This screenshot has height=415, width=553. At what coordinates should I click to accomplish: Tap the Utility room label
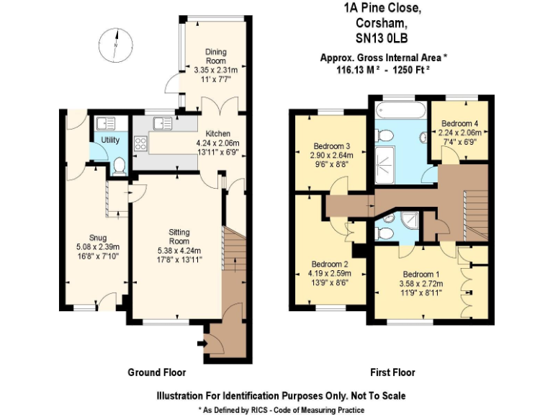pyautogui.click(x=110, y=140)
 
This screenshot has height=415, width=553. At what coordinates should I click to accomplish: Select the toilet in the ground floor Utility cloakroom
pyautogui.click(x=119, y=166)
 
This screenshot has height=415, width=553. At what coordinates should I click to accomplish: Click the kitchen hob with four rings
pyautogui.click(x=141, y=143)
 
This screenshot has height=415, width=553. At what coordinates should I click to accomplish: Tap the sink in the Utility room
pyautogui.click(x=104, y=123)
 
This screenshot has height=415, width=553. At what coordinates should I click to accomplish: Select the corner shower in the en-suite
pyautogui.click(x=413, y=219)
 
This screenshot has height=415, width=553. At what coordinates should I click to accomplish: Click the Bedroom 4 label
pyautogui.click(x=460, y=123)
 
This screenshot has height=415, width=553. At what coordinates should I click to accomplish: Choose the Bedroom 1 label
pyautogui.click(x=421, y=275)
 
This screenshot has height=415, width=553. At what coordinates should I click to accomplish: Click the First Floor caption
pyautogui.click(x=392, y=372)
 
